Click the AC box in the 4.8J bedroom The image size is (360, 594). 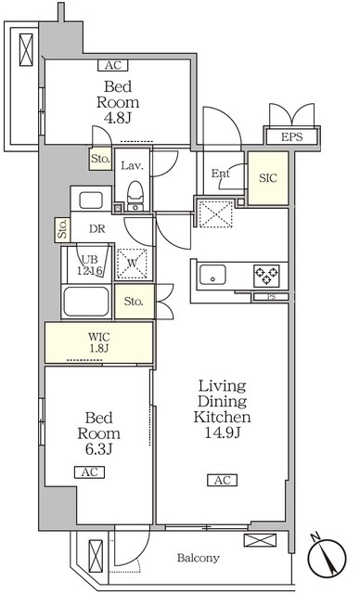coord(113,65)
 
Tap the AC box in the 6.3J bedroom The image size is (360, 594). coord(89,472)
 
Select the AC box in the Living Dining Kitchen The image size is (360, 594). coord(222,480)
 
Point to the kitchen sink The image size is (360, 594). coord(212,275)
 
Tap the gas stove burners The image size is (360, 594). coord(266,275)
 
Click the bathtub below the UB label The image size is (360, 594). coord(86,302)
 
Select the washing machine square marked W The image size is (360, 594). coord(132,264)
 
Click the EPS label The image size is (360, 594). coord(292,136)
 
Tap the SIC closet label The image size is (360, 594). coord(268,178)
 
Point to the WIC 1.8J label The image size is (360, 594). coord(99,342)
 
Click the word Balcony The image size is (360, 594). coord(199,558)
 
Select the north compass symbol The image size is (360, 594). coord(327,557)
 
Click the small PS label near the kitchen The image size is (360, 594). coord(272,297)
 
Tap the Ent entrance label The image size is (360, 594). coord(221,174)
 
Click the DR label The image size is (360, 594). coord(97,229)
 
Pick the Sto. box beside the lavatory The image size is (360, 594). coord(101,159)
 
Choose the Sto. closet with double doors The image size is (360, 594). coord(135,302)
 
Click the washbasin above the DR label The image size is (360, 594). coord(91,200)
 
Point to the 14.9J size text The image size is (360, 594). coord(222,433)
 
